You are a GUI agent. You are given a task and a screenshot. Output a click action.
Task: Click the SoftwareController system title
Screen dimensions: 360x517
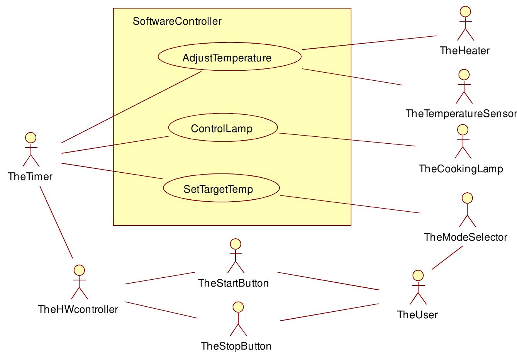[177, 21]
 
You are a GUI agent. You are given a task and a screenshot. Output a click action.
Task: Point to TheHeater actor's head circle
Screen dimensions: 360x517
[466, 11]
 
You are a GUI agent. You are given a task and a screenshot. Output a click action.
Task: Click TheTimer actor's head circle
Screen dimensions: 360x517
[31, 138]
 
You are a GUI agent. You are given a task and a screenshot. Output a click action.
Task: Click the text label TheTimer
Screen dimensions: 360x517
[30, 177]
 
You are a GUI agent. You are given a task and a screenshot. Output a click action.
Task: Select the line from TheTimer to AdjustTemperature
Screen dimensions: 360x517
[131, 107]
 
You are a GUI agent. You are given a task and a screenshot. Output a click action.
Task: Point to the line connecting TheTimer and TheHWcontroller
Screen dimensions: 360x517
[56, 222]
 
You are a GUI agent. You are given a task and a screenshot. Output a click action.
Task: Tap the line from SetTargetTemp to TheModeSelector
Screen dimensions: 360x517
[350, 204]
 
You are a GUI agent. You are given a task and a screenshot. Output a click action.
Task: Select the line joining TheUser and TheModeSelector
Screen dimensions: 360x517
[447, 258]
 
